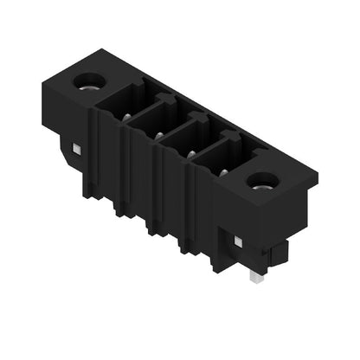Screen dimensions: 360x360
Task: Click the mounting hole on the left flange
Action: (89, 83)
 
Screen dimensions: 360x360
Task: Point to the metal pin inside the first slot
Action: (127, 117)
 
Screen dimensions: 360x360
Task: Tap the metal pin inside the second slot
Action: (158, 135)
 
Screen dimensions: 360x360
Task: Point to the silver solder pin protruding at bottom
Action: (254, 278)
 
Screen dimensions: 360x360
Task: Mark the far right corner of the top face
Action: (318, 179)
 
